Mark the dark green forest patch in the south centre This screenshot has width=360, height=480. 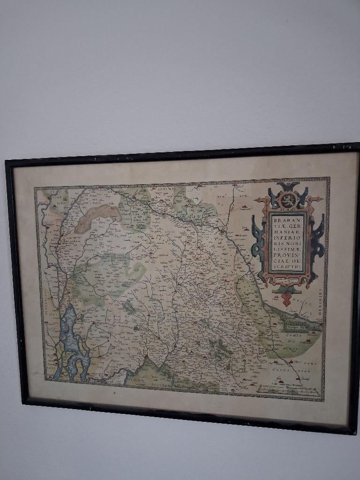click(x=218, y=347)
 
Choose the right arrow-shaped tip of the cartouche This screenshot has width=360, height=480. click(x=322, y=199)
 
